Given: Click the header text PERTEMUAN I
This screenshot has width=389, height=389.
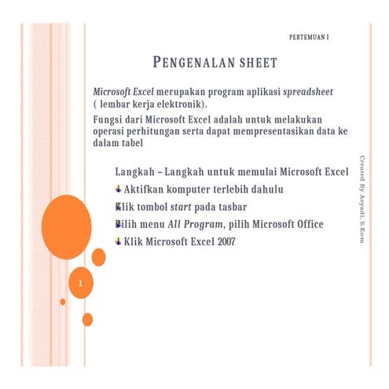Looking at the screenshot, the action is point(309,38).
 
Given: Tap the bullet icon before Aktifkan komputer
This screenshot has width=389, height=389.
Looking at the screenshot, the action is point(118,189).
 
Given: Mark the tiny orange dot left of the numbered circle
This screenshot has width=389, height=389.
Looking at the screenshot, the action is point(62,301).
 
